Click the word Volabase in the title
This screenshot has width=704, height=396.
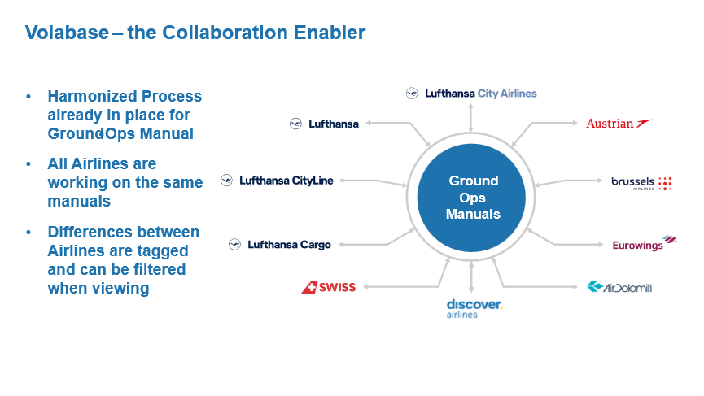65,33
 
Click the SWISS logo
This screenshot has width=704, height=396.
329,287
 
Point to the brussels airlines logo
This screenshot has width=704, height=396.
641,183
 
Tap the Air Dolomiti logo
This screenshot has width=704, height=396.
619,287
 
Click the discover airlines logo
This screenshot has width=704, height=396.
474,308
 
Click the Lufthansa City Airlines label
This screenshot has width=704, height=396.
471,94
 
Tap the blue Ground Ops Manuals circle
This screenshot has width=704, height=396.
472,197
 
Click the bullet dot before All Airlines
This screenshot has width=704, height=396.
28,164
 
